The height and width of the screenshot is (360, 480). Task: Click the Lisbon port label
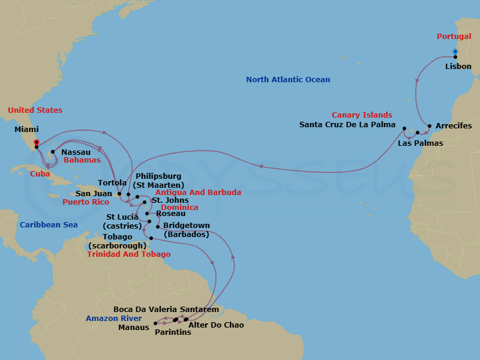458,67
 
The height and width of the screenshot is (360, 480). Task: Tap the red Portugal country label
454,37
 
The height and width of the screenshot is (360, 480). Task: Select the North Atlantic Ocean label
288,80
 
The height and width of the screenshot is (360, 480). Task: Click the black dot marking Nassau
53,152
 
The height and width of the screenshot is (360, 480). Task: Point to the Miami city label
26,130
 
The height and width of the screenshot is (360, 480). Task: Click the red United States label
35,110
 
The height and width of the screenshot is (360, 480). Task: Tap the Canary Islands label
362,115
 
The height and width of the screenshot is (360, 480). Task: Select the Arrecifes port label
454,126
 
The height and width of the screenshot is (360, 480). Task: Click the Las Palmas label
420,143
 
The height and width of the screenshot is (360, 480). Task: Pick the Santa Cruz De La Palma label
347,125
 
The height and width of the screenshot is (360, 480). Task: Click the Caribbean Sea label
48,225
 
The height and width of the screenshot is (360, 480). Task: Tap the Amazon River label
113,319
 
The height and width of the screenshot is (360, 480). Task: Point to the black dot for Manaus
155,323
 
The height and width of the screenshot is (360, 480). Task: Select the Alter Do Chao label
216,325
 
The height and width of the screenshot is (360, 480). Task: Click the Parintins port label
173,332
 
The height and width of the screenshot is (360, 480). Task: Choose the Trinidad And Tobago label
128,254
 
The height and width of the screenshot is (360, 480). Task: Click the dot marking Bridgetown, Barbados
158,227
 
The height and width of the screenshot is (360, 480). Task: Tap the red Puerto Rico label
86,203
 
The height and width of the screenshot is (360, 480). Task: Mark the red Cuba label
40,173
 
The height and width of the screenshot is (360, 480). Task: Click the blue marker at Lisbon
455,51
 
